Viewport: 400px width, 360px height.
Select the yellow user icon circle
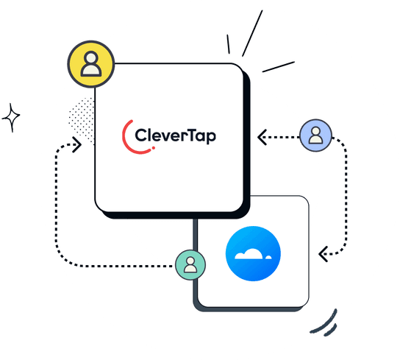91,63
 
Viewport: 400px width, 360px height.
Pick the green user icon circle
190,264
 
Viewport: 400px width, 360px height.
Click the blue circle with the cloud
254,254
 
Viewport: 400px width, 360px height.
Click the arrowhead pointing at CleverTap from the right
261,135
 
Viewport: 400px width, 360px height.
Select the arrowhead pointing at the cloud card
322,255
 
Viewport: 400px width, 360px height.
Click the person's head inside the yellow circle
91,57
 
